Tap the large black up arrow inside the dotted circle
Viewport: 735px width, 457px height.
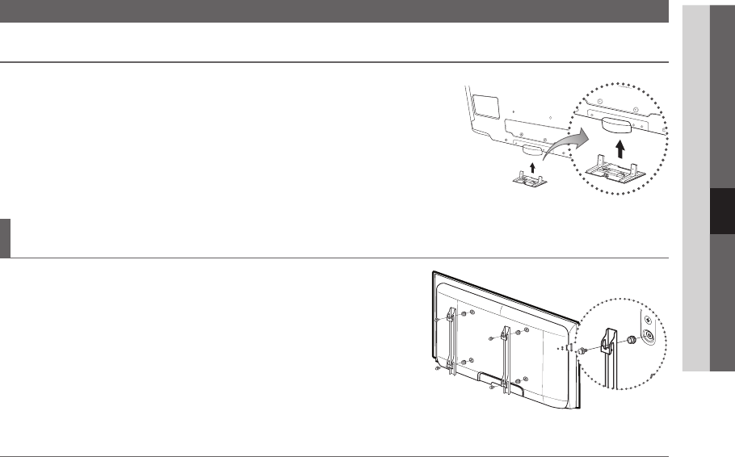[x=620, y=148]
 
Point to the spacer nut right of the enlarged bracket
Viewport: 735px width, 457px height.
[x=632, y=340]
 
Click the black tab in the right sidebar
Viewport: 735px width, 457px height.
[x=723, y=212]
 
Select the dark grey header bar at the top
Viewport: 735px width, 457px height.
[x=334, y=10]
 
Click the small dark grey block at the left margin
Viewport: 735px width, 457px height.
[x=5, y=237]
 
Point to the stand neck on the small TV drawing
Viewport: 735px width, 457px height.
[x=533, y=149]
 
